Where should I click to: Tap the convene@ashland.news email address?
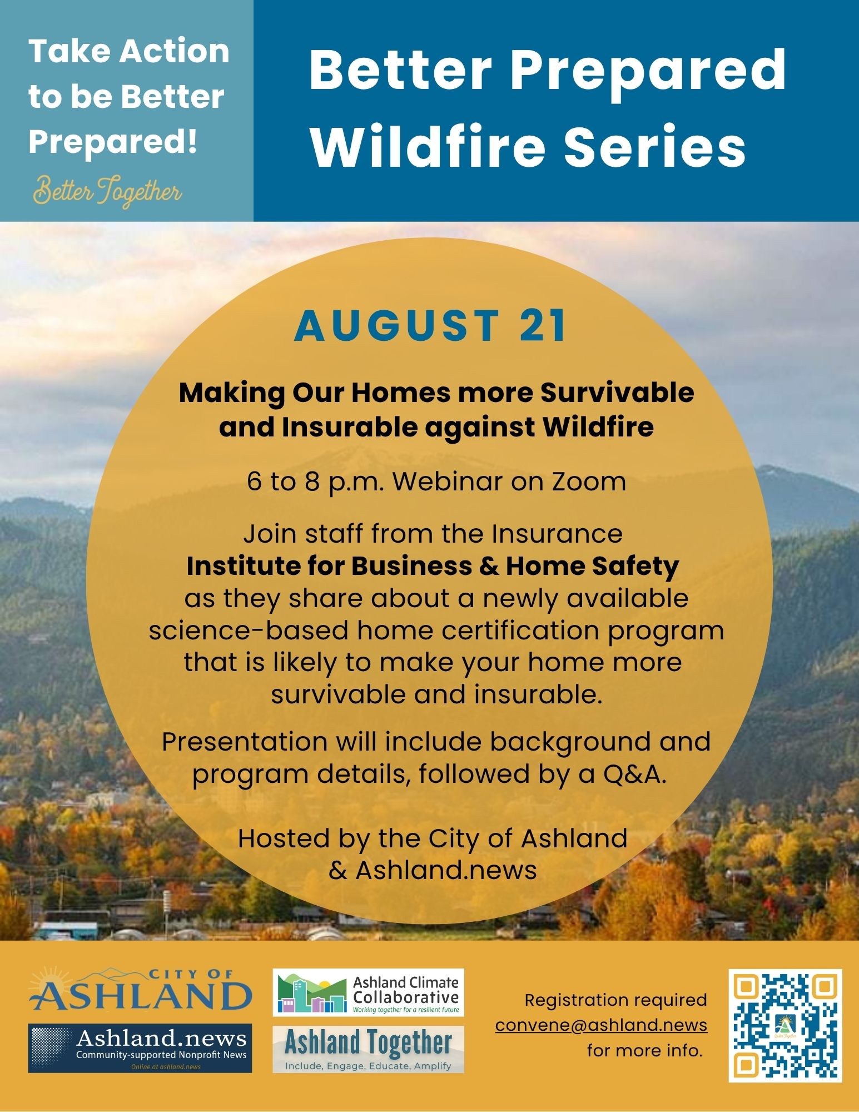point(601,1025)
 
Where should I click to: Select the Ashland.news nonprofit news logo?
point(140,1048)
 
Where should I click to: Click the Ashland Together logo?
point(368,1049)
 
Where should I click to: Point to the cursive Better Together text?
point(107,192)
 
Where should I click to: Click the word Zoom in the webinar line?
point(589,481)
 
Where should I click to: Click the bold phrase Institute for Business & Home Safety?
point(433,566)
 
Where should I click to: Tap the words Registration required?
point(616,1000)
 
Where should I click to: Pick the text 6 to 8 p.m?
point(316,482)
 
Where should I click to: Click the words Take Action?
point(129,51)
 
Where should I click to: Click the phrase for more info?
point(645,1051)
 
